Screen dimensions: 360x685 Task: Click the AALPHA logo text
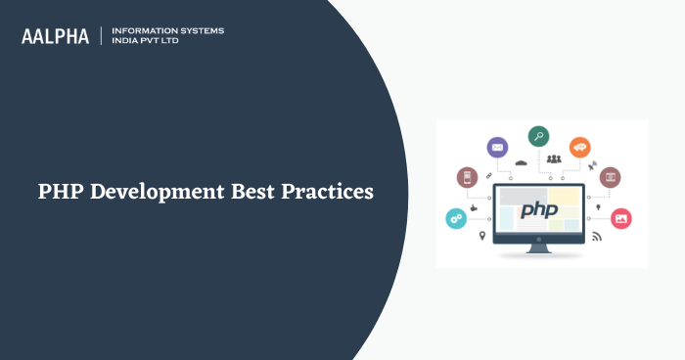55,36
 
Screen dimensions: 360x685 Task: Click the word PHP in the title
61,192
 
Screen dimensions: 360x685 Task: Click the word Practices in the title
328,192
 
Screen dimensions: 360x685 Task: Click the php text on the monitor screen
538,209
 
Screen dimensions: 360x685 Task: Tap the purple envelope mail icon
497,149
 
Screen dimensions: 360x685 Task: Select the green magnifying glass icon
538,136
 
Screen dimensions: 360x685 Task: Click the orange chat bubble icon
580,148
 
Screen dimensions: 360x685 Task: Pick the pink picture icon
620,218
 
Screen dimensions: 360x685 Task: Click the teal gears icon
456,218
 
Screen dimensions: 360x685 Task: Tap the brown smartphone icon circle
467,177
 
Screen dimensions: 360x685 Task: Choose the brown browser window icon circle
610,177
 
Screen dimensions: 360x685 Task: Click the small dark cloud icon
521,161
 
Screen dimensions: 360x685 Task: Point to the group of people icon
555,158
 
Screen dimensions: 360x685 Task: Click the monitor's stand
539,247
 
